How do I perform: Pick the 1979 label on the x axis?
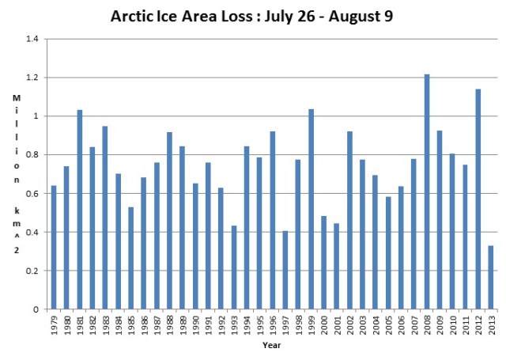pos(54,324)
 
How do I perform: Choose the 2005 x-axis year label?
pos(388,324)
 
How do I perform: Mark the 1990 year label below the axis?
pos(195,324)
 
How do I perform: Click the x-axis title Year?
pos(271,346)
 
